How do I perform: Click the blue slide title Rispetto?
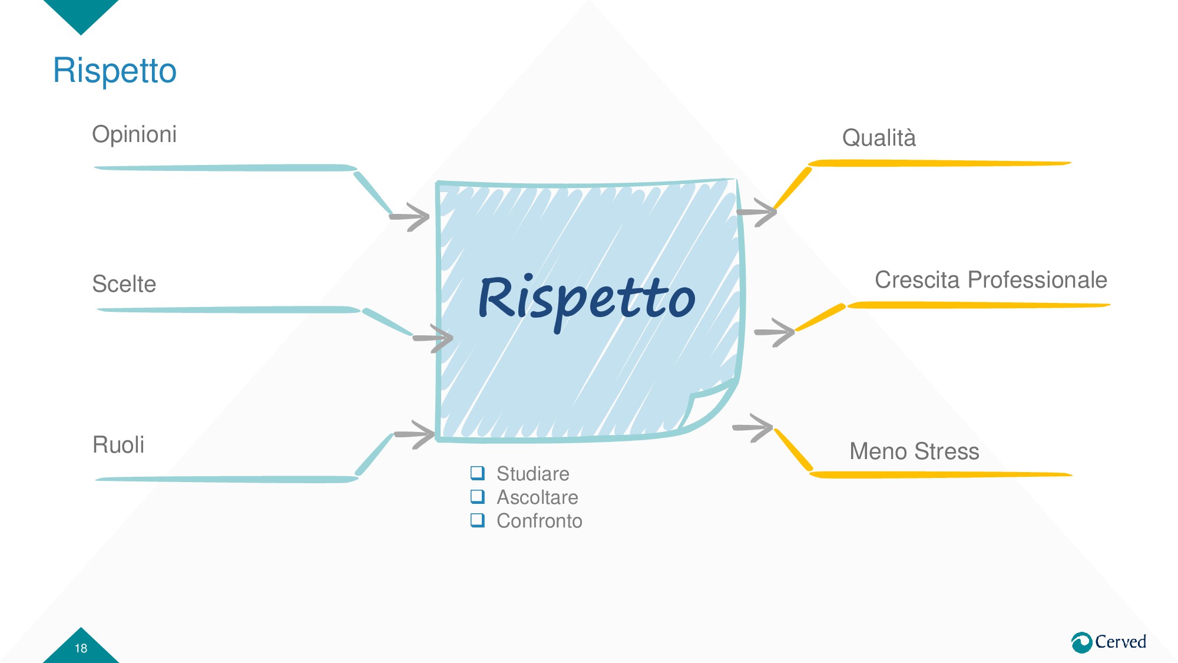(x=115, y=71)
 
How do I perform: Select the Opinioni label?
(x=134, y=134)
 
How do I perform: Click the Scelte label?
(x=124, y=284)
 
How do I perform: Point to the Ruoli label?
(x=118, y=445)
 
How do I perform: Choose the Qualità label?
(x=879, y=138)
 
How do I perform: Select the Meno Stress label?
(x=914, y=451)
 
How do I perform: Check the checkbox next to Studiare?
(x=478, y=473)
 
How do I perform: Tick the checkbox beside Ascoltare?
(x=478, y=497)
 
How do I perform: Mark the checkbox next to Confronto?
(x=478, y=520)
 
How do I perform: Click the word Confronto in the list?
(x=540, y=521)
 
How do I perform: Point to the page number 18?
(x=81, y=648)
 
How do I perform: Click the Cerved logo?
(x=1108, y=642)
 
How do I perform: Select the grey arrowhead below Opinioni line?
(x=412, y=217)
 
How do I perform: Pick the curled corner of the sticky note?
(x=707, y=407)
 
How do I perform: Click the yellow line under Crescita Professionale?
(x=978, y=305)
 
